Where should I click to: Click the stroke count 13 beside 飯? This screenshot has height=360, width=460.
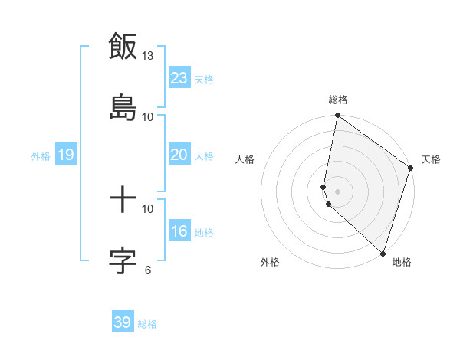click(148, 56)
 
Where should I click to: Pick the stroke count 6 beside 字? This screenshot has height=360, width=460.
click(148, 270)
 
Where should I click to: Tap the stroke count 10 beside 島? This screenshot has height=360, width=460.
click(148, 116)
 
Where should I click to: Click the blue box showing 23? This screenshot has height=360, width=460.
click(179, 78)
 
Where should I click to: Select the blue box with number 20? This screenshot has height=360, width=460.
click(179, 155)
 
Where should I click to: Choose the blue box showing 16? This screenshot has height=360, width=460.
click(179, 231)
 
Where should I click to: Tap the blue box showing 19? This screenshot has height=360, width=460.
click(65, 155)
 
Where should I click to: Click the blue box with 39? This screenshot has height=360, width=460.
click(123, 322)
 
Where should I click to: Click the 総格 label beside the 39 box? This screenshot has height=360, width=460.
click(148, 324)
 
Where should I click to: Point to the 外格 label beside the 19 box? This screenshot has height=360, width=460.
click(41, 156)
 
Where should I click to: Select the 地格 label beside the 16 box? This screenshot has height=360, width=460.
click(204, 233)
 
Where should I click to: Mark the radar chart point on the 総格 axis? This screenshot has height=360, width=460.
click(337, 116)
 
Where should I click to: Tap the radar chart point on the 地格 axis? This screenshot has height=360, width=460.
click(382, 253)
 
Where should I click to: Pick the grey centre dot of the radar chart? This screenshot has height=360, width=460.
click(337, 191)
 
